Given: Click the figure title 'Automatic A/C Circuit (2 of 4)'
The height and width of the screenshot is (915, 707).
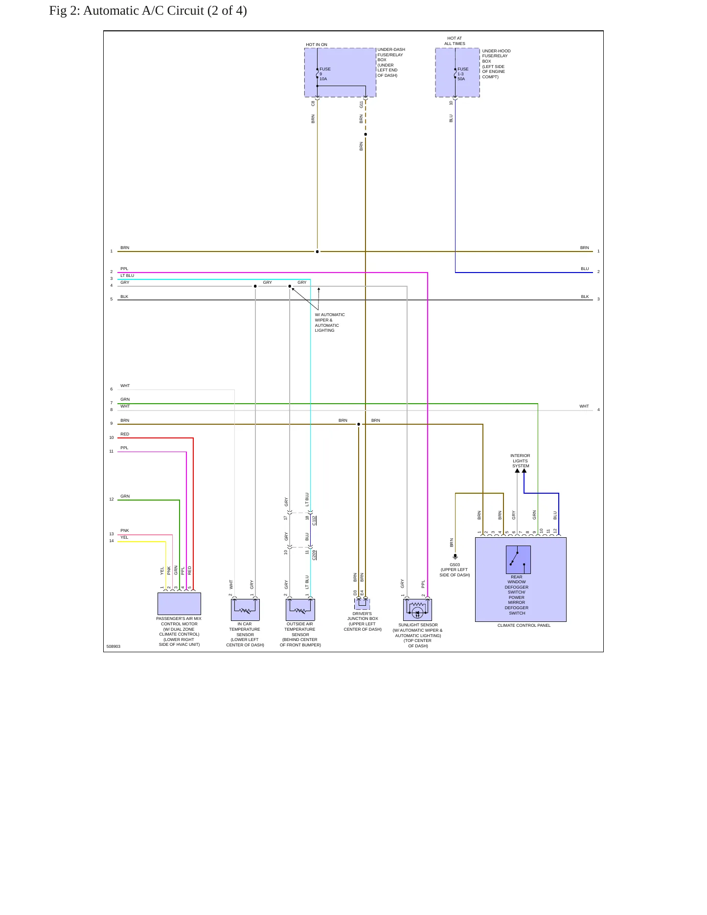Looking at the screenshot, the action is [x=165, y=11].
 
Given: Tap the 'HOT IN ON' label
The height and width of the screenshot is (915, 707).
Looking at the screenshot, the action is [x=317, y=45].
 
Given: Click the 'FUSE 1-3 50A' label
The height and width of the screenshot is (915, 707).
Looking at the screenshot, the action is [x=463, y=74].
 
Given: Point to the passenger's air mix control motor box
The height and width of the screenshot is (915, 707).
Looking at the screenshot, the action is [x=179, y=604].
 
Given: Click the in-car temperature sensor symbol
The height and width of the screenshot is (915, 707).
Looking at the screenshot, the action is [x=245, y=610].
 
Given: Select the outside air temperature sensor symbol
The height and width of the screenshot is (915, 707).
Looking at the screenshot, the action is [x=300, y=610].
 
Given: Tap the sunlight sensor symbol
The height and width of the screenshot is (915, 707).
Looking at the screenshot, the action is [x=417, y=610].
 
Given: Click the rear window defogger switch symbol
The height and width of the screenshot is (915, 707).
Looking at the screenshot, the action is [x=518, y=560].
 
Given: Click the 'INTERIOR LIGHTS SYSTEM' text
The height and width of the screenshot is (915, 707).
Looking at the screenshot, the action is [x=521, y=461].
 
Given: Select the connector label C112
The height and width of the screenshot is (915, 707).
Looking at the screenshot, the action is [x=314, y=521].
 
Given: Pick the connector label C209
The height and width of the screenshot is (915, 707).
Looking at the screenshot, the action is [x=314, y=555].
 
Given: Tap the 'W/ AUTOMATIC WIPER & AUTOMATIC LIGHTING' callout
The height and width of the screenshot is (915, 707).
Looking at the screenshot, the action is [x=330, y=322].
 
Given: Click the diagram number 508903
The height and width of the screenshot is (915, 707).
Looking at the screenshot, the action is [x=114, y=646].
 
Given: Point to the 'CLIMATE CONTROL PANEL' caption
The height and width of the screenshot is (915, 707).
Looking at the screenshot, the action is [x=524, y=625].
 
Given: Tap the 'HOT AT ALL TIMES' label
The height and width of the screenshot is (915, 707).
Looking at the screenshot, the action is [x=455, y=41].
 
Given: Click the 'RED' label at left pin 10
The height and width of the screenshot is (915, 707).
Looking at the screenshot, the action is [x=125, y=434].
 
